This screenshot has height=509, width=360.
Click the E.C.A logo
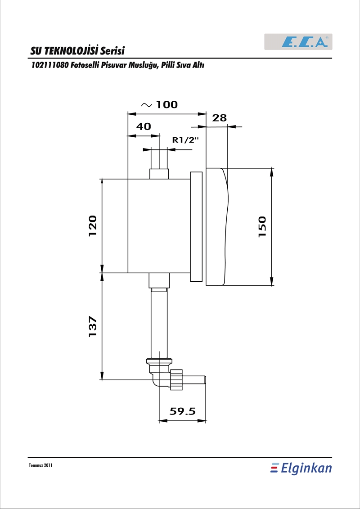(298, 41)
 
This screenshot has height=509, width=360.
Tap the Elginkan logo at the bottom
(301, 468)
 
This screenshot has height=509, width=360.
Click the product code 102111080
(49, 65)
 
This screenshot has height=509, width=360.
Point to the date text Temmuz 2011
(40, 465)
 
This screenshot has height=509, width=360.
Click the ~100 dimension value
(159, 104)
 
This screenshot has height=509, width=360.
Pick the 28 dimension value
(220, 118)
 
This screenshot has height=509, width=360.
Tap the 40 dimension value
(143, 126)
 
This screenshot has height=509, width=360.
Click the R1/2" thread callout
(185, 140)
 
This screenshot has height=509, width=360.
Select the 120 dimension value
(93, 225)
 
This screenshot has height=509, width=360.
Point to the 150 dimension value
(262, 226)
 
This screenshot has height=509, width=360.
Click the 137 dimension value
(93, 326)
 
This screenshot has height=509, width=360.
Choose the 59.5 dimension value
(183, 411)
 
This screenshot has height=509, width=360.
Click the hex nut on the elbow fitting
(176, 379)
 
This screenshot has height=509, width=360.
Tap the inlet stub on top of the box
(159, 174)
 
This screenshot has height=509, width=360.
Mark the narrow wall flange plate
(196, 226)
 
